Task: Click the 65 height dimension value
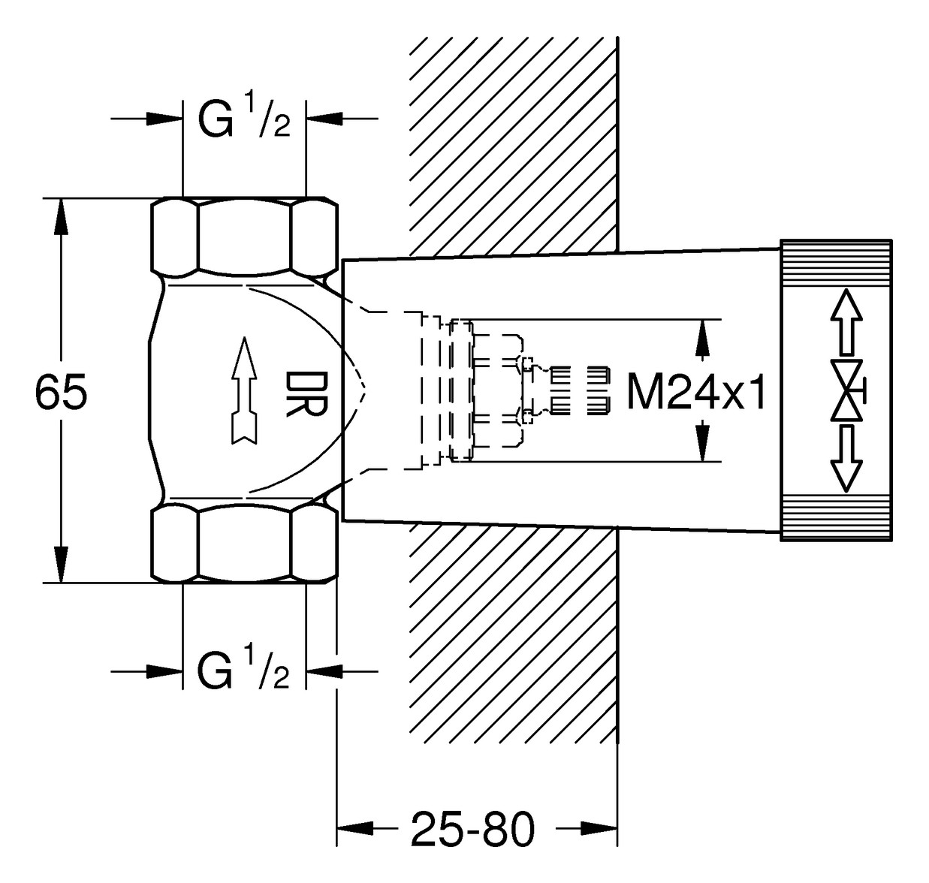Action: point(62,392)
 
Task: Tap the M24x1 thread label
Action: point(697,392)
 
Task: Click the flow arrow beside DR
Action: point(243,390)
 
